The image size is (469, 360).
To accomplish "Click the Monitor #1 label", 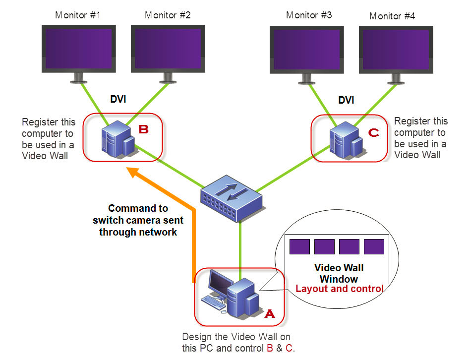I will pyautogui.click(x=78, y=15).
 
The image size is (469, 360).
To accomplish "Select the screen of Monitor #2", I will pyautogui.click(x=168, y=48).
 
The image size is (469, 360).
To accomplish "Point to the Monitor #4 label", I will pyautogui.click(x=392, y=16).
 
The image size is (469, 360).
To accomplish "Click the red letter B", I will pyautogui.click(x=143, y=130).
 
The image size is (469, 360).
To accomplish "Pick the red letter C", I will pyautogui.click(x=374, y=133).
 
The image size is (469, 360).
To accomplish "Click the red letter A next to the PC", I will pyautogui.click(x=269, y=313).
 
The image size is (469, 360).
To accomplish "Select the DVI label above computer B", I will pyautogui.click(x=117, y=100).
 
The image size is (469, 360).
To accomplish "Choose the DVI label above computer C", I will pyautogui.click(x=346, y=101).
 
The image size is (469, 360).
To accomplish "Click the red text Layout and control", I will pyautogui.click(x=339, y=289).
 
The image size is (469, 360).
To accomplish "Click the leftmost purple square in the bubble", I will pyautogui.click(x=299, y=246).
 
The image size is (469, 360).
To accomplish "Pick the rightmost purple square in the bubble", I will pyautogui.click(x=374, y=246).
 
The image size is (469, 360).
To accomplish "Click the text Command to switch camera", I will pyautogui.click(x=138, y=220).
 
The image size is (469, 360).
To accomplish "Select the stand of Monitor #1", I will pyautogui.click(x=78, y=77).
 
